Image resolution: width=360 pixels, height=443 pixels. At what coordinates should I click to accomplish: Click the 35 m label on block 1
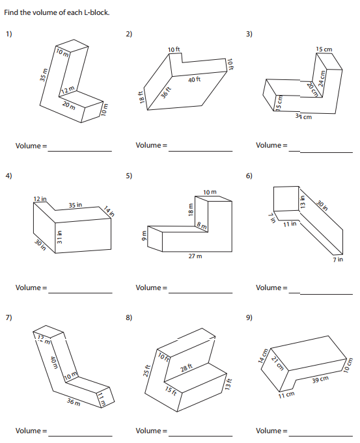43,75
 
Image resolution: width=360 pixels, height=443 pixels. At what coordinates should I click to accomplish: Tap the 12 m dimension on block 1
68,90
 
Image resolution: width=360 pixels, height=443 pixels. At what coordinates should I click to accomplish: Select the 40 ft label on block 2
194,79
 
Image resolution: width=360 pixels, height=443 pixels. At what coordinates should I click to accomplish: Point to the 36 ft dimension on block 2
166,92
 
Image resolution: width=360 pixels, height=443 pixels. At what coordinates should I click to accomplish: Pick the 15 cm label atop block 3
324,49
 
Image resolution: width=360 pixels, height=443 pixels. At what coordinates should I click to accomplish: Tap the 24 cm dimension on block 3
321,78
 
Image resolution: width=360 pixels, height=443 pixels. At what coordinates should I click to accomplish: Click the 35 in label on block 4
76,205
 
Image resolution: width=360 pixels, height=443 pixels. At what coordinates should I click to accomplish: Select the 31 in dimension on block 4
59,237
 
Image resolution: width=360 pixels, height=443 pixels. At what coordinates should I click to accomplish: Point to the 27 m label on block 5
195,256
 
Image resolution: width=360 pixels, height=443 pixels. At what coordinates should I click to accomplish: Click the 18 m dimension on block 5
191,209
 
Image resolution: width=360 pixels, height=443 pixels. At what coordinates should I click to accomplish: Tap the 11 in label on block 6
290,224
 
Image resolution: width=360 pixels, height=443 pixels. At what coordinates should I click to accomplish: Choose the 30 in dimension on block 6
322,206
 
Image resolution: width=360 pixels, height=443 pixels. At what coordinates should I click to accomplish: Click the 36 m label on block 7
74,402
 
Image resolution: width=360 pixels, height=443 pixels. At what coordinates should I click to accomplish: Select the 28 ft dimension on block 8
186,368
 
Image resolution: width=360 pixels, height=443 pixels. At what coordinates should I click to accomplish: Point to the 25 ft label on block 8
146,371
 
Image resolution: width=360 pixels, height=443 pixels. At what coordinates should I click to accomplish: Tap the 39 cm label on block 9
320,379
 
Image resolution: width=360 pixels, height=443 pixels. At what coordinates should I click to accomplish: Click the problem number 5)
129,176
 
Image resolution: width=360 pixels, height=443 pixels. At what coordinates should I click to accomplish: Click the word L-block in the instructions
97,12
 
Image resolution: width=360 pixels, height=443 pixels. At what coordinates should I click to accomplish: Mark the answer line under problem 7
80,436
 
